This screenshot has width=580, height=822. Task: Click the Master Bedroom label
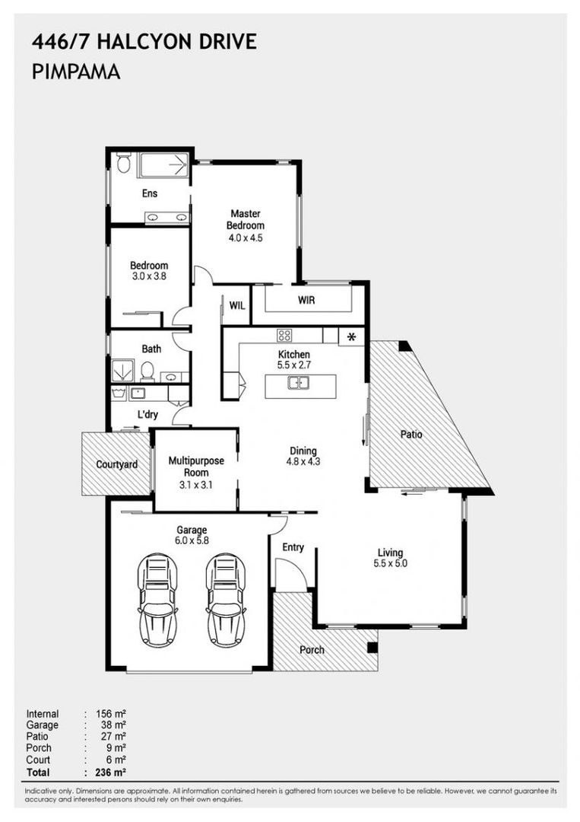tap(245, 220)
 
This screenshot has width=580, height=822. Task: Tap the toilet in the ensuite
tap(123, 163)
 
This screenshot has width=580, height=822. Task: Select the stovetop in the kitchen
tap(284, 335)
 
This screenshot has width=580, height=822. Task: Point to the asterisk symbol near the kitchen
tap(352, 337)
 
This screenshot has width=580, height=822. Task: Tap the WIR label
tap(306, 301)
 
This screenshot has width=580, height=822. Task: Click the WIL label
tap(237, 306)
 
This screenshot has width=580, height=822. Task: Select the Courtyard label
tap(117, 464)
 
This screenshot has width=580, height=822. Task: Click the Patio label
tap(411, 434)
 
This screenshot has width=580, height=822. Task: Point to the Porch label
tap(312, 650)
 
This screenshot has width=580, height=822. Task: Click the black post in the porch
tap(372, 648)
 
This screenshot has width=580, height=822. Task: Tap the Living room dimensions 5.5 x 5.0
tap(390, 563)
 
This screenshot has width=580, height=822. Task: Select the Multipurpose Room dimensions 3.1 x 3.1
tap(196, 485)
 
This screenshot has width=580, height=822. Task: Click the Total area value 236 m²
tap(110, 772)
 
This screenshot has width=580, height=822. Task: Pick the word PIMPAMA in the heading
tap(76, 72)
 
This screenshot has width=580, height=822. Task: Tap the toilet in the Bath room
tap(147, 371)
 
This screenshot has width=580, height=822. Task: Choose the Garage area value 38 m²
tap(113, 725)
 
